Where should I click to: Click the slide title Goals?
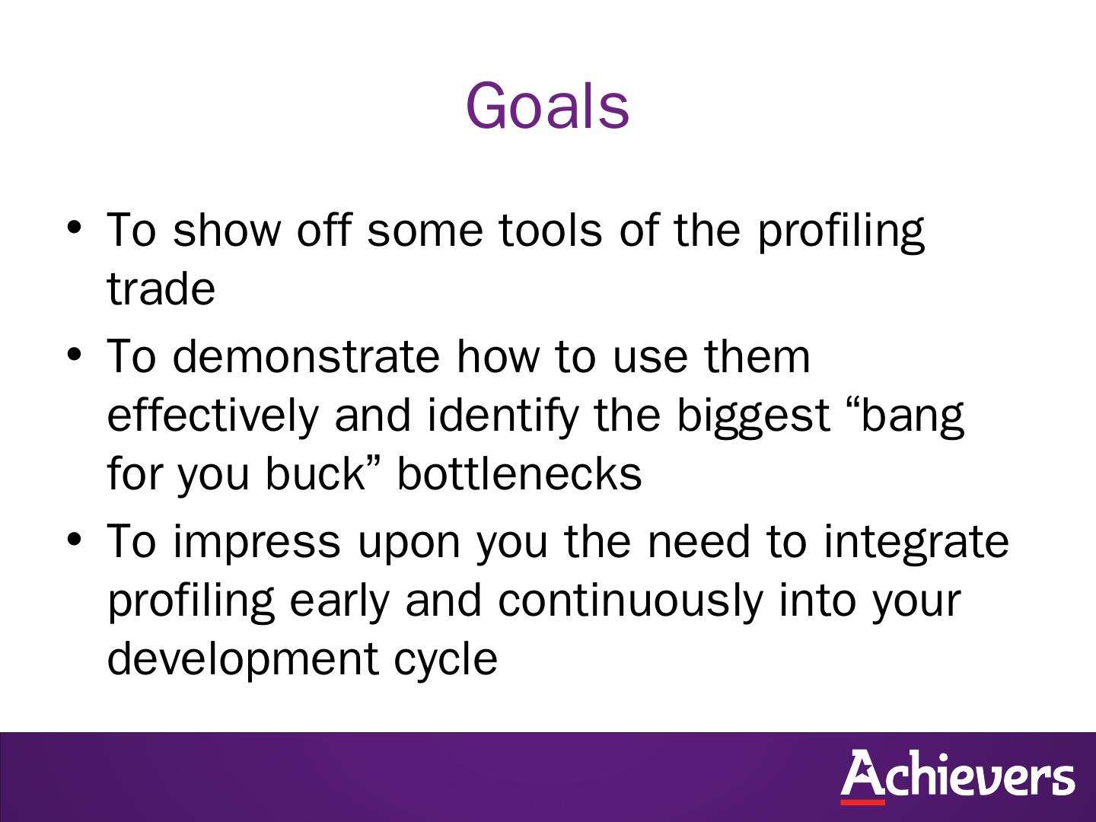coord(547,106)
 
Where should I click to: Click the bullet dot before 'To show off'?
coord(74,228)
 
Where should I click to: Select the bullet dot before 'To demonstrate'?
coord(74,355)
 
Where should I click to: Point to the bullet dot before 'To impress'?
coord(74,540)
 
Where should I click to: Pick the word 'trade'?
coord(161,288)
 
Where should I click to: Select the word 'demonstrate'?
coord(306,356)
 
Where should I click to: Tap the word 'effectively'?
coord(212,417)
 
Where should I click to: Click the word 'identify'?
coord(503,417)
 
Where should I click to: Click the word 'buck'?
coord(316,473)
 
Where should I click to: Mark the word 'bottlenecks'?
coord(519,473)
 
